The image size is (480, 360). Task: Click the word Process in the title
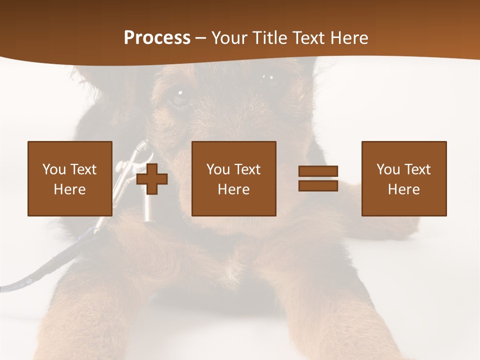[157, 38]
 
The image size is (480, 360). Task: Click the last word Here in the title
[347, 38]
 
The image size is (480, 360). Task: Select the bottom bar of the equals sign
[318, 186]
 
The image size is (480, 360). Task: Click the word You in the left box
[54, 169]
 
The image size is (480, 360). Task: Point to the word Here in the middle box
[233, 189]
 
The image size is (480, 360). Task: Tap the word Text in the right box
[417, 169]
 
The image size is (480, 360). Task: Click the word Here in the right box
[403, 189]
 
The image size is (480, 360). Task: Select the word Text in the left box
[83, 169]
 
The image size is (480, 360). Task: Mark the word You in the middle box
[218, 169]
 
